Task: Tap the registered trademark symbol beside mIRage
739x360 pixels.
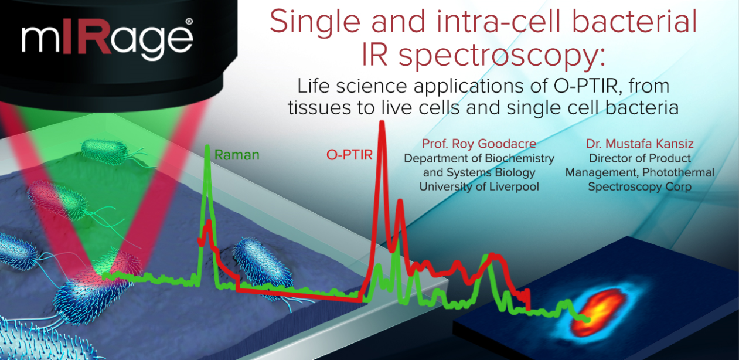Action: (x=189, y=22)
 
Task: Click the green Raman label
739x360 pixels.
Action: (x=237, y=155)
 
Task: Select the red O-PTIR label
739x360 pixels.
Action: (x=349, y=155)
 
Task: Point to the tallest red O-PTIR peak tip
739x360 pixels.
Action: (x=382, y=122)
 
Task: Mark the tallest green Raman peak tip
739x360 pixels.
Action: (x=207, y=146)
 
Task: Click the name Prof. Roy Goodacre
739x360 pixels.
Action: (x=479, y=144)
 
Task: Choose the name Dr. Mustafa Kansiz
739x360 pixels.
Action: (x=640, y=144)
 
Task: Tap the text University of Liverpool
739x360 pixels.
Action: (x=479, y=187)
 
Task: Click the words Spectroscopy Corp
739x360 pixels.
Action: (x=640, y=187)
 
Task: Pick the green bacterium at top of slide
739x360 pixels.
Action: (x=104, y=151)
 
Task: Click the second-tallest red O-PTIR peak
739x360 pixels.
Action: (x=400, y=201)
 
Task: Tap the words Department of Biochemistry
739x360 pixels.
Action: (x=479, y=158)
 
